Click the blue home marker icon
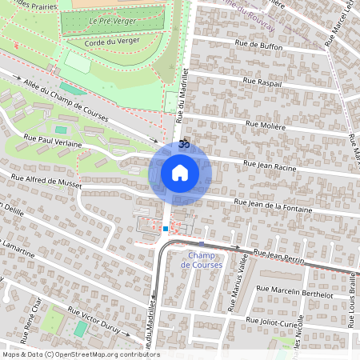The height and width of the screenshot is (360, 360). click(x=180, y=172)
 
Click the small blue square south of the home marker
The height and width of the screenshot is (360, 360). click(x=165, y=229)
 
